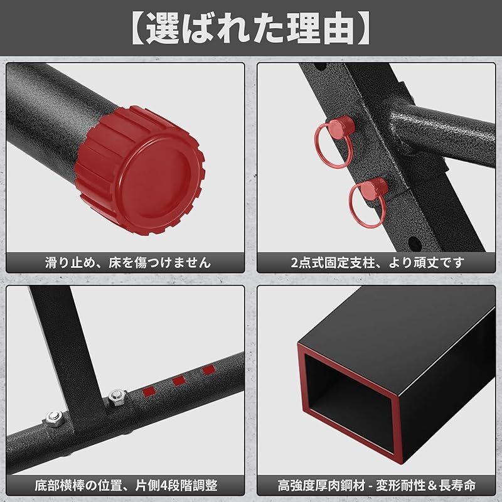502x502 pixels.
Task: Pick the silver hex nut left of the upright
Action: click(55, 419)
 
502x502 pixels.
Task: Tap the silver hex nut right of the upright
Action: click(117, 397)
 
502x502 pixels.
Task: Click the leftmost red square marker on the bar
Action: click(149, 391)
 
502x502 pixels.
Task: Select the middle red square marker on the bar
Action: click(179, 381)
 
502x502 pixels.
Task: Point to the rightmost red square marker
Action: click(209, 370)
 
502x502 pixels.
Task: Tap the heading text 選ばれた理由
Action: click(251, 28)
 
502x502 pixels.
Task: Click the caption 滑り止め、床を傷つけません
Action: click(128, 262)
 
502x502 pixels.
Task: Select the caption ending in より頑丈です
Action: click(378, 262)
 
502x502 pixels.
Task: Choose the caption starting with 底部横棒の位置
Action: click(126, 485)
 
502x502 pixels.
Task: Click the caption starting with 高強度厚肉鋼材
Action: click(377, 485)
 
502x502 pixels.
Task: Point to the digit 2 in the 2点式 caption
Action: click(294, 263)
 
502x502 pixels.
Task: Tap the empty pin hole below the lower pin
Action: click(415, 242)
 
